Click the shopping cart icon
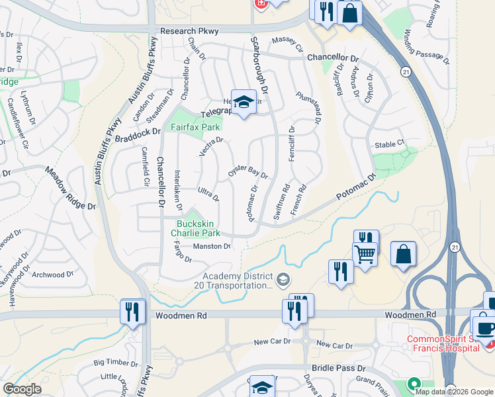pos(365,253)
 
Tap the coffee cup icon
pos(484,326)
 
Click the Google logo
pos(21,389)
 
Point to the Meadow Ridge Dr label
pos(71,188)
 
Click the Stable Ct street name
pos(389,144)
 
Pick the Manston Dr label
pos(211,247)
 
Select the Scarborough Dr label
pos(259,64)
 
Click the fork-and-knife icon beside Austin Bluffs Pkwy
pos(132,312)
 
